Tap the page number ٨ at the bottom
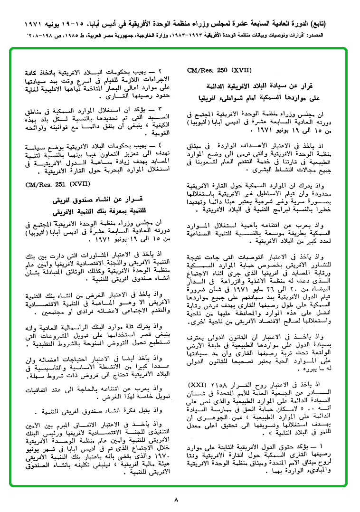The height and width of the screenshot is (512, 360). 176,499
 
